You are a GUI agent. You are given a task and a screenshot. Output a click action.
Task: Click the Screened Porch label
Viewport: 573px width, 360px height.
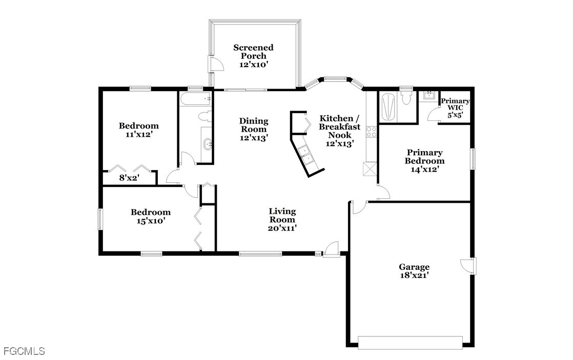(x=253, y=52)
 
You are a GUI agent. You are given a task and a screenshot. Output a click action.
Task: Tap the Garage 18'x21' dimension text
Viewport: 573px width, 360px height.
(x=414, y=276)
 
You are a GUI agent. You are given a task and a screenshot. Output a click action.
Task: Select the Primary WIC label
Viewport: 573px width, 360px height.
(x=455, y=104)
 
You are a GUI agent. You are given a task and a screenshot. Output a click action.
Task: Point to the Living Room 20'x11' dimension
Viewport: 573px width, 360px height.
(x=282, y=228)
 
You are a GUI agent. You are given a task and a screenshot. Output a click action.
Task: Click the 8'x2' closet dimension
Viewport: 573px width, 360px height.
(x=129, y=178)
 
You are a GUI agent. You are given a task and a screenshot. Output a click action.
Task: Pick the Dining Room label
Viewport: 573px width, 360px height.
(x=254, y=125)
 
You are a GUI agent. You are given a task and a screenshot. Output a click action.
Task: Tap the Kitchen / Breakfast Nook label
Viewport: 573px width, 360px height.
(x=339, y=126)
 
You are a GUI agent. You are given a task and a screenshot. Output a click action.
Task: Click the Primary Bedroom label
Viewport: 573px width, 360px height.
(x=425, y=157)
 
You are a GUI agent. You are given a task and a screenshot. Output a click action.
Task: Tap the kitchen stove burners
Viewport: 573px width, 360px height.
(x=372, y=132)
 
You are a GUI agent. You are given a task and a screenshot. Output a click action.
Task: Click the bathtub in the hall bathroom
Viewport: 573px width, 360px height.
(x=195, y=99)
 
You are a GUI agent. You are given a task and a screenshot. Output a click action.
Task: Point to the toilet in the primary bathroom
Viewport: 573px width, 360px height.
(x=406, y=97)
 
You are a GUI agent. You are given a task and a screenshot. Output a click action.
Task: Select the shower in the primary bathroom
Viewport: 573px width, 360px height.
(x=388, y=107)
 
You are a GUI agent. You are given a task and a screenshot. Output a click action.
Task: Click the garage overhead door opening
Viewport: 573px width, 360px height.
(x=411, y=343)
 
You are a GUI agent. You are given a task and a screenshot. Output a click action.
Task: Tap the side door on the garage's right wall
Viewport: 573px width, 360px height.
(x=468, y=266)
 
